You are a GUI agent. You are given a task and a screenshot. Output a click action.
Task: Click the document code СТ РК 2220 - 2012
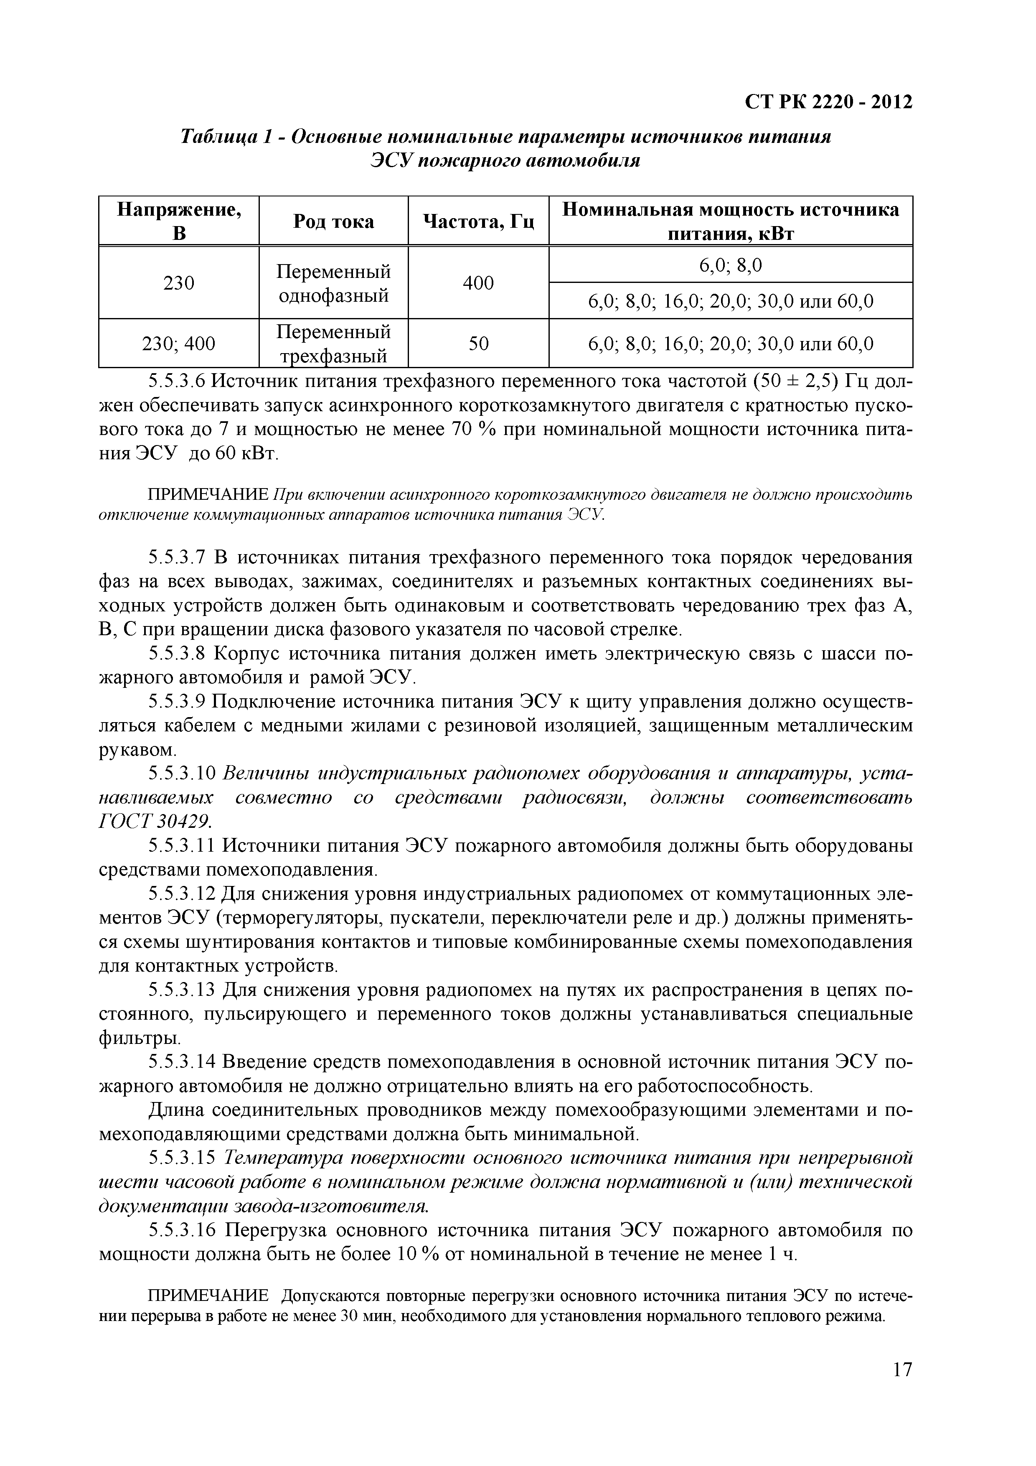(828, 102)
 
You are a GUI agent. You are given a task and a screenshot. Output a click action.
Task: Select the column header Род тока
(333, 221)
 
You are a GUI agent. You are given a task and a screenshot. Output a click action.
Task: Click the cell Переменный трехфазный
(333, 344)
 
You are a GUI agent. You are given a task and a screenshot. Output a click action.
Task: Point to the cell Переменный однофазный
(333, 283)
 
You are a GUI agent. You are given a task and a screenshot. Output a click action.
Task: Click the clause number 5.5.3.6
(177, 382)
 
